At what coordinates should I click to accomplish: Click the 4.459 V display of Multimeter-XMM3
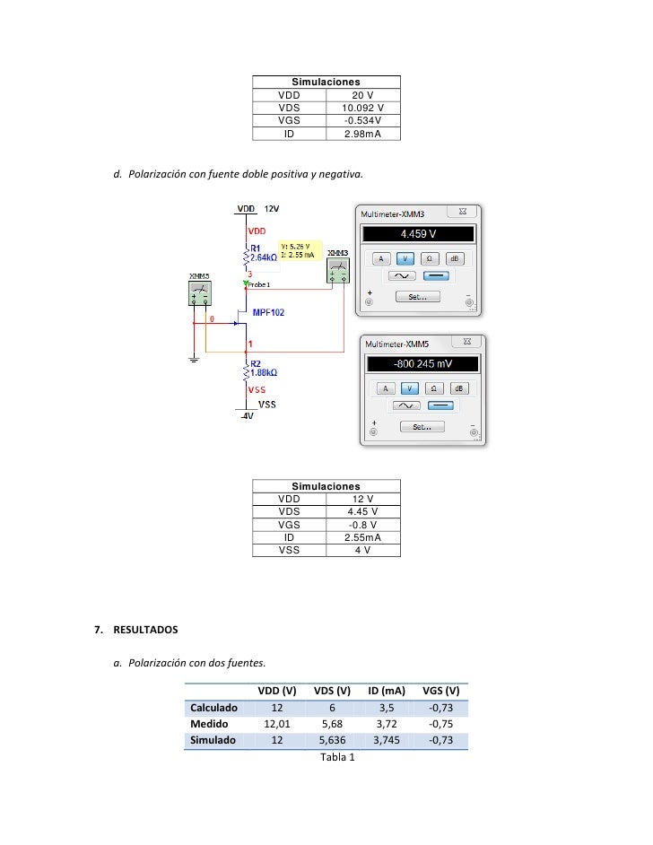(x=418, y=234)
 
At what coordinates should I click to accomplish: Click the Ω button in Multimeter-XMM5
(x=433, y=388)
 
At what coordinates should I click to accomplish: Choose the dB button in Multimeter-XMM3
(x=456, y=258)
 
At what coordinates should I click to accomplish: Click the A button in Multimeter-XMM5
(x=384, y=388)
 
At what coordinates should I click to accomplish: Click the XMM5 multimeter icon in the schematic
(x=199, y=292)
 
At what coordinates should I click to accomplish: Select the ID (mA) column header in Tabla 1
(x=387, y=691)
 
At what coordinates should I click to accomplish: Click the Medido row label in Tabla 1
(x=209, y=724)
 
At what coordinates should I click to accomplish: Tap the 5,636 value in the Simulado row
(x=332, y=740)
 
